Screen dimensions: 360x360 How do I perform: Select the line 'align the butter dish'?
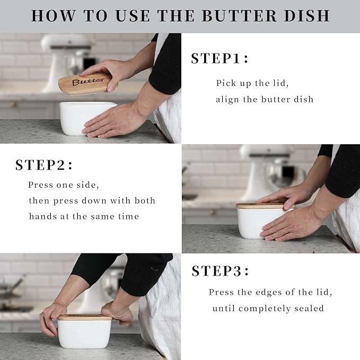(x=265, y=99)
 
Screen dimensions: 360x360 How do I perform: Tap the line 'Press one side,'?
(x=64, y=185)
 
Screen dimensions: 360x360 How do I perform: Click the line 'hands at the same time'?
(x=84, y=216)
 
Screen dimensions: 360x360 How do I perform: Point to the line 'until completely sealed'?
(x=268, y=308)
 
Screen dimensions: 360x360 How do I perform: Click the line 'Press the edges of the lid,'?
(x=270, y=292)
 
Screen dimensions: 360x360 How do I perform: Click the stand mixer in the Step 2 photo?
(x=265, y=170)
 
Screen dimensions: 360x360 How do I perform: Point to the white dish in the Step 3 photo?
(x=84, y=334)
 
